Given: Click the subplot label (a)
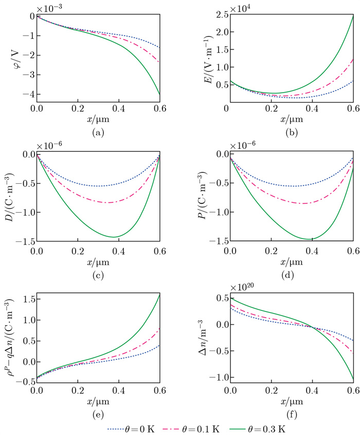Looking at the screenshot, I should (x=97, y=133).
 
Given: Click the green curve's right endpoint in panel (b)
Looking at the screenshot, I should (x=353, y=16).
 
